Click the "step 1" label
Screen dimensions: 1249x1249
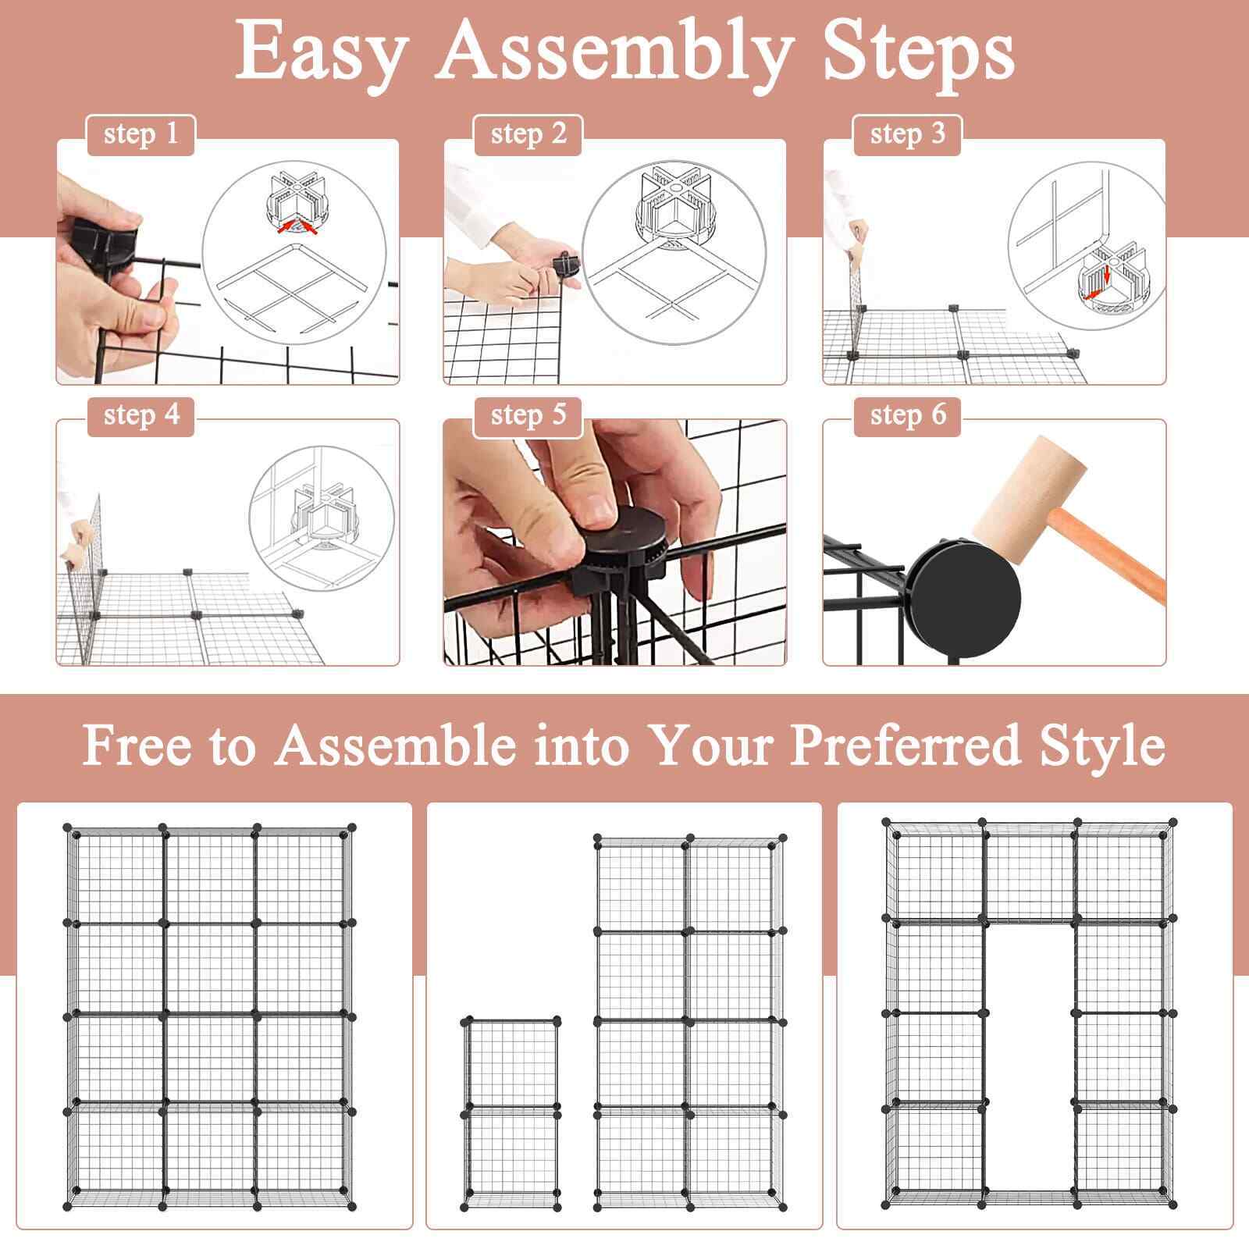pyautogui.click(x=141, y=134)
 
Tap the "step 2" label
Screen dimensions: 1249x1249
pyautogui.click(x=528, y=134)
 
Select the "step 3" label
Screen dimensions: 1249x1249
pyautogui.click(x=908, y=134)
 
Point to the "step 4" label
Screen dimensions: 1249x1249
pyautogui.click(x=141, y=415)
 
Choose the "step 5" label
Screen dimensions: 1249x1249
pyautogui.click(x=528, y=415)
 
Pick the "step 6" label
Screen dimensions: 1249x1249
pyautogui.click(x=908, y=415)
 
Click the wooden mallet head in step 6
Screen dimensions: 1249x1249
pyautogui.click(x=1030, y=498)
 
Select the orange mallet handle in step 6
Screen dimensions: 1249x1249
pyautogui.click(x=1105, y=553)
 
